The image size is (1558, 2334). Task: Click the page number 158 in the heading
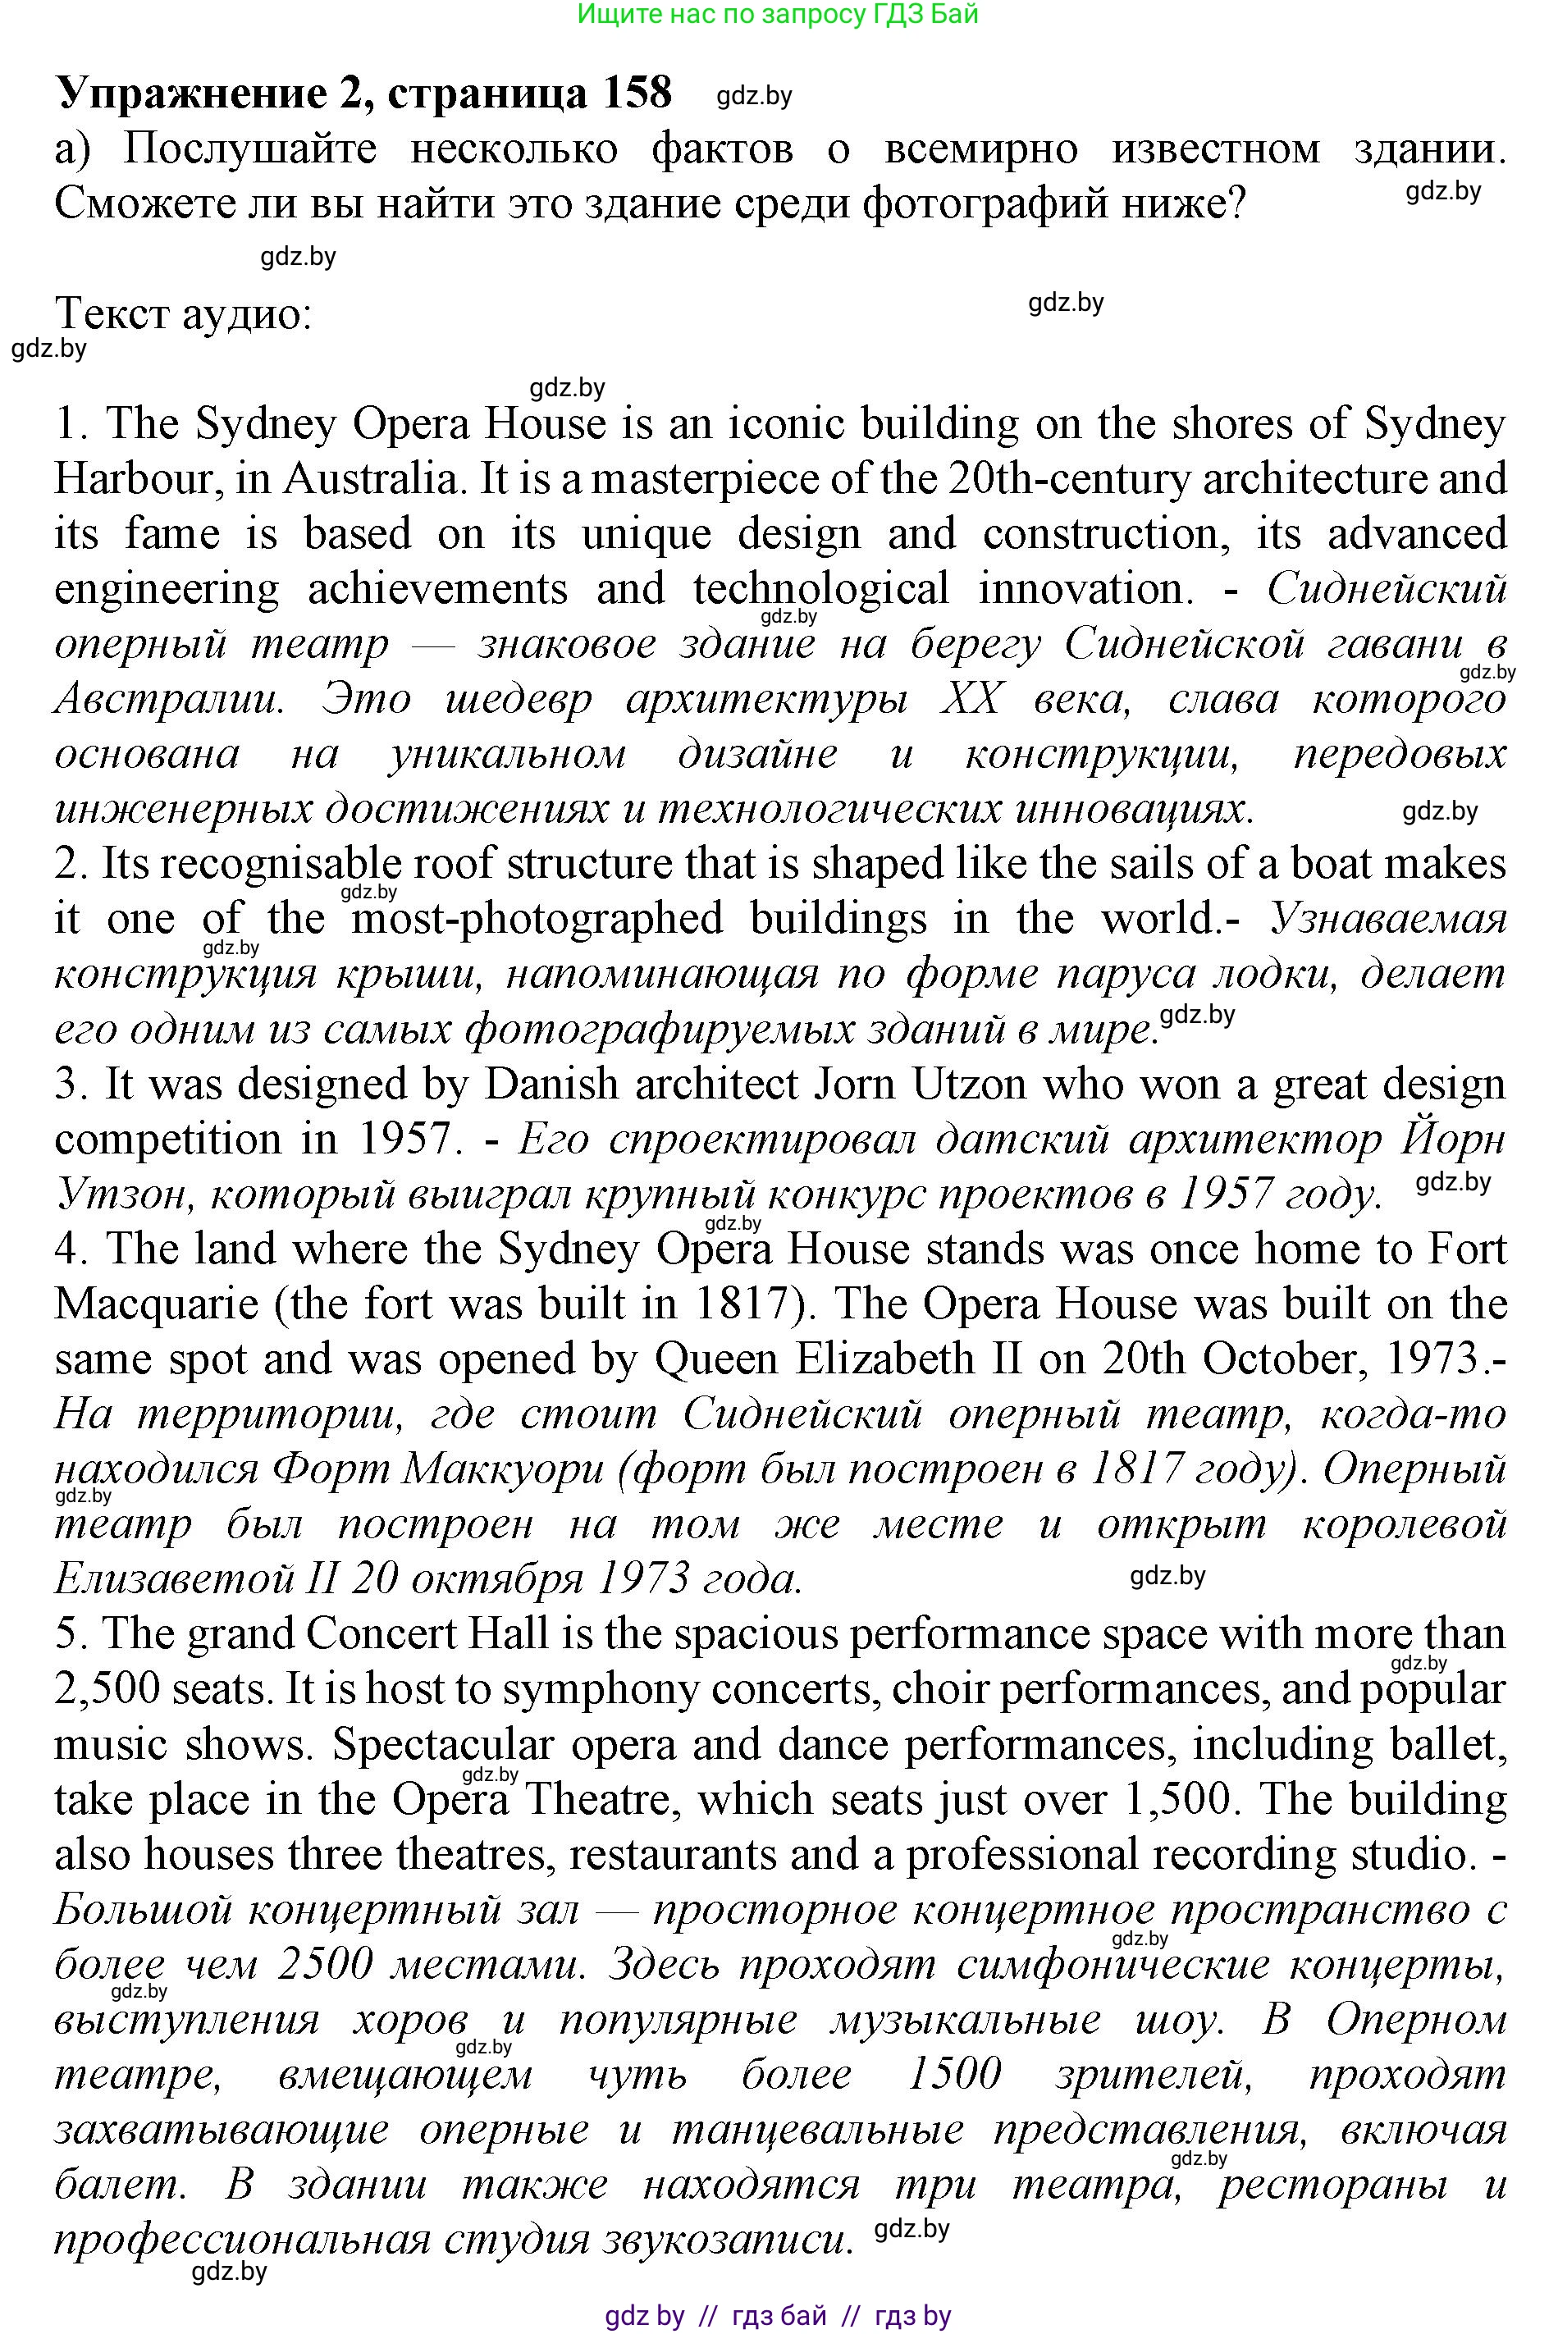(637, 93)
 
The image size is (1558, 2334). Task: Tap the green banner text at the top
(778, 14)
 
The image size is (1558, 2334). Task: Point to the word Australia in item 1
(370, 479)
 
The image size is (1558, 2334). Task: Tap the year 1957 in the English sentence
(404, 1139)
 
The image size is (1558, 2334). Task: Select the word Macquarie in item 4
(156, 1304)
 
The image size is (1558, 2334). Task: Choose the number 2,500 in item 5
(107, 1690)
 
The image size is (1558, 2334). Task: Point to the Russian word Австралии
(169, 698)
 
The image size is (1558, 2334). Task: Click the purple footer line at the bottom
(778, 2316)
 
